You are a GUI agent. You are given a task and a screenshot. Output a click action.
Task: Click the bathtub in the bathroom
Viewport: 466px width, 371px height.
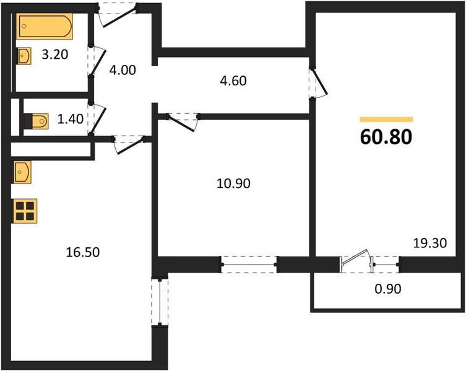tap(45, 26)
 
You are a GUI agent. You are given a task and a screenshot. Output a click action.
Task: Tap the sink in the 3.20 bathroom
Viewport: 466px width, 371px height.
tap(24, 56)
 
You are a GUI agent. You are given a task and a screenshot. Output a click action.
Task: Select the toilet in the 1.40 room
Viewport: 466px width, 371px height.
tap(36, 121)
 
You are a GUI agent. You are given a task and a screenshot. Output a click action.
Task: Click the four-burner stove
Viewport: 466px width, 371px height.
tap(25, 211)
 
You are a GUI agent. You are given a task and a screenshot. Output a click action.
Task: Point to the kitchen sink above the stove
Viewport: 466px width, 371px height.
tap(22, 172)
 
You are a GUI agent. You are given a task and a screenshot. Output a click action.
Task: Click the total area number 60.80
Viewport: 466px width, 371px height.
tap(386, 137)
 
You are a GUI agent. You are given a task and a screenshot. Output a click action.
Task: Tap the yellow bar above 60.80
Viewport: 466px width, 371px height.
tap(386, 119)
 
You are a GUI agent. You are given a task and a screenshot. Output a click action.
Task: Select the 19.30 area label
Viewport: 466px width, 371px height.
tap(430, 243)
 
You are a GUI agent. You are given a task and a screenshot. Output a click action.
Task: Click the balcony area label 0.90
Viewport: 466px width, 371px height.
tap(388, 288)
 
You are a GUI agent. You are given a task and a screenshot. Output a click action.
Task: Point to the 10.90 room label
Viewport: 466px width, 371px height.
tap(233, 183)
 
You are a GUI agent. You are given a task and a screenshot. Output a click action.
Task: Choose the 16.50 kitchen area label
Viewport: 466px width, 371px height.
tap(83, 252)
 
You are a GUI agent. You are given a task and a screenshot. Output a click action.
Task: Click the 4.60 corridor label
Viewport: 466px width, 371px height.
tap(233, 81)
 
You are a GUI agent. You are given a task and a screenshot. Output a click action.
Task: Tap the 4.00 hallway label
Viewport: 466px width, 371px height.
tap(123, 70)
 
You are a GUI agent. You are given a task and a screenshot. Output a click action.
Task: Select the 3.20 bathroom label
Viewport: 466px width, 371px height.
tap(55, 54)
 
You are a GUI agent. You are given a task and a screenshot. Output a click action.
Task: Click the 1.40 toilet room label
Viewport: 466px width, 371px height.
tap(70, 119)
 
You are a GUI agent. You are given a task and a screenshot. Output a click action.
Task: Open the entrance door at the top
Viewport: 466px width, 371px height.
tap(118, 15)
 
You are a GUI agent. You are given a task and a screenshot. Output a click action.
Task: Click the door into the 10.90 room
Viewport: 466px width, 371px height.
tap(183, 121)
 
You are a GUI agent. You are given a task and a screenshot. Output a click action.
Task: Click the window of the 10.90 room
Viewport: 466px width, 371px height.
tap(249, 265)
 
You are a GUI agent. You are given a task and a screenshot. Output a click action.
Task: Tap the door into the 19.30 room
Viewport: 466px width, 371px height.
tap(317, 83)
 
